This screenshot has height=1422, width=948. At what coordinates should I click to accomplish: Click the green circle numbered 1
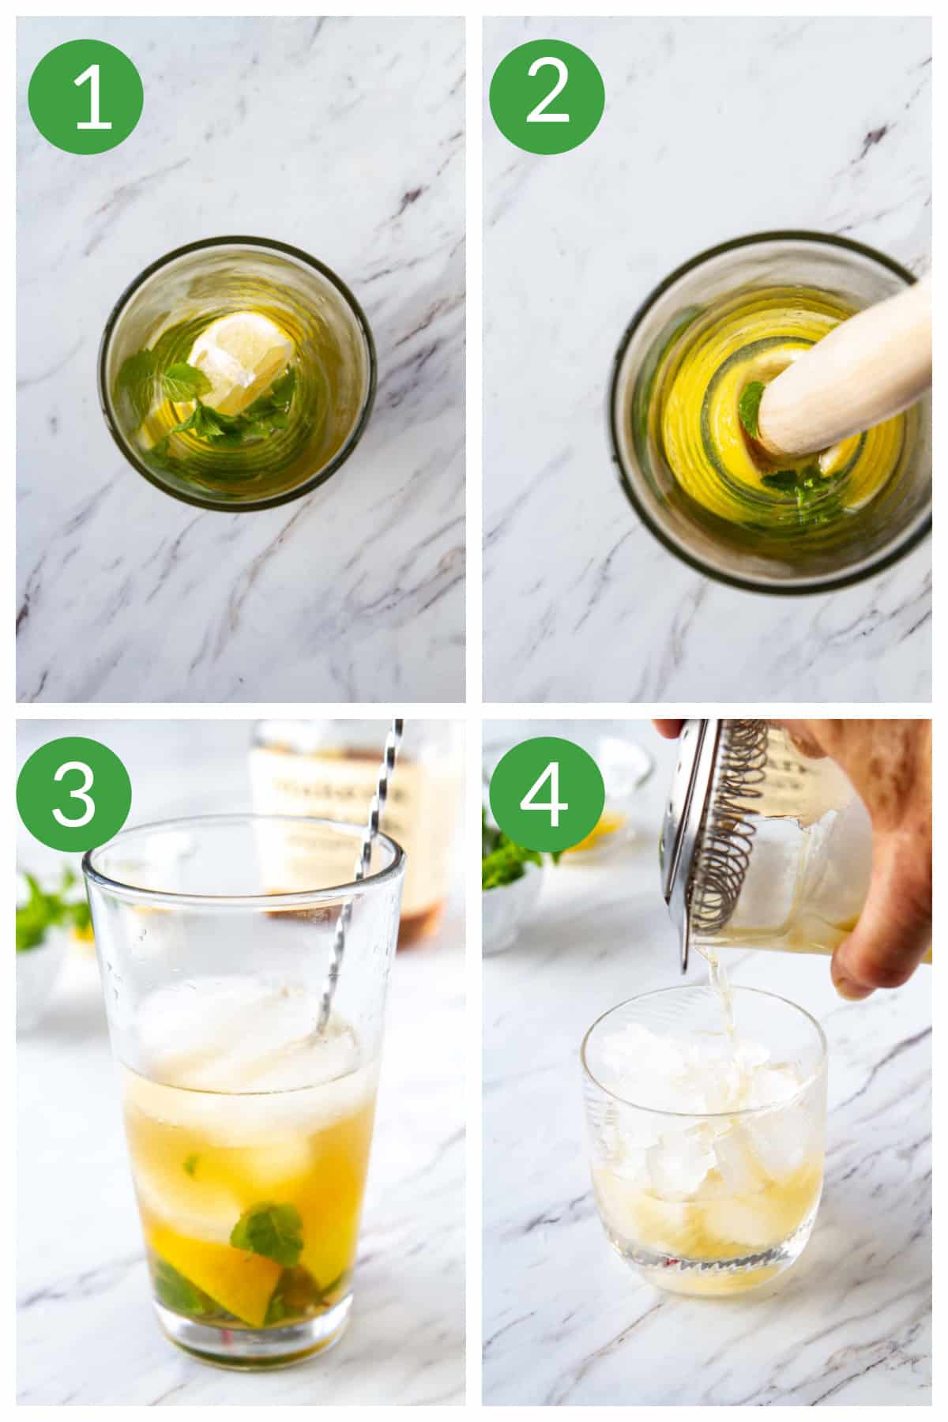pos(85,98)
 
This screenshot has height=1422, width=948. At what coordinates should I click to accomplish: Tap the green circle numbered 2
pos(547,98)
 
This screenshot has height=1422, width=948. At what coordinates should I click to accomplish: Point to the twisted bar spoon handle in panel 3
pos(371,853)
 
